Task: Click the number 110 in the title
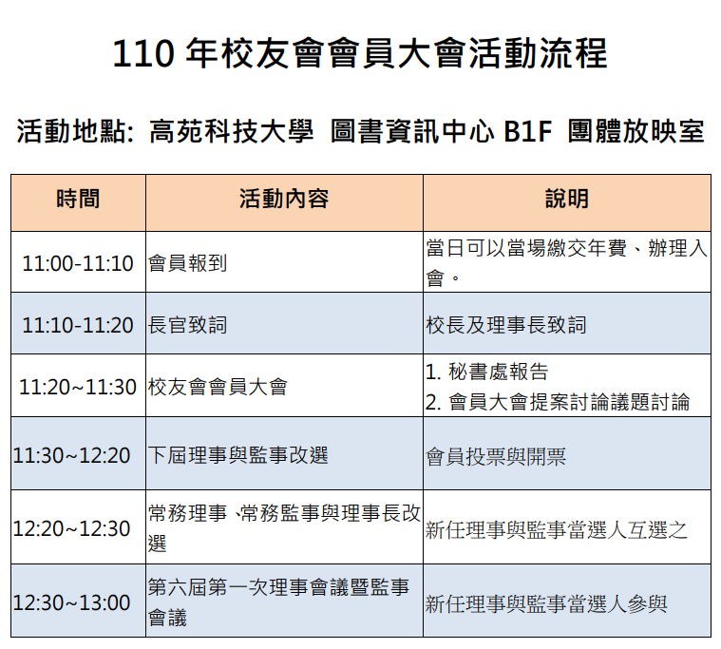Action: tap(143, 54)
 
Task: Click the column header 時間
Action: tap(78, 200)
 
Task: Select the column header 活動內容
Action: tap(284, 200)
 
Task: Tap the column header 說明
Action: tap(567, 200)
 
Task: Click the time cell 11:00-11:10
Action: tap(78, 263)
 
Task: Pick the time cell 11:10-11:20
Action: tap(78, 325)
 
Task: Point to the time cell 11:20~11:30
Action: tap(78, 387)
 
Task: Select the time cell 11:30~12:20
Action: tap(72, 455)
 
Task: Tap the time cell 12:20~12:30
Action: tap(72, 528)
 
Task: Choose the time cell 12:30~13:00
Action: tap(72, 602)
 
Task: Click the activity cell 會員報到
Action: tap(187, 263)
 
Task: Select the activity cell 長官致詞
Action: tap(187, 325)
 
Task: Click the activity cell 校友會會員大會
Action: tap(218, 387)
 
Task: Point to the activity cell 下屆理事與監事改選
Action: tap(238, 455)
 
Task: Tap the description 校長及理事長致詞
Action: tap(506, 325)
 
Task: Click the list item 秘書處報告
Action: tap(499, 372)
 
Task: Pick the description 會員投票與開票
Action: tap(496, 457)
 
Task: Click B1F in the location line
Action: tap(527, 131)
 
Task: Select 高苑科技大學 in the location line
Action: tap(231, 131)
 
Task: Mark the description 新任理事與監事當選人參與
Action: tap(546, 604)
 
